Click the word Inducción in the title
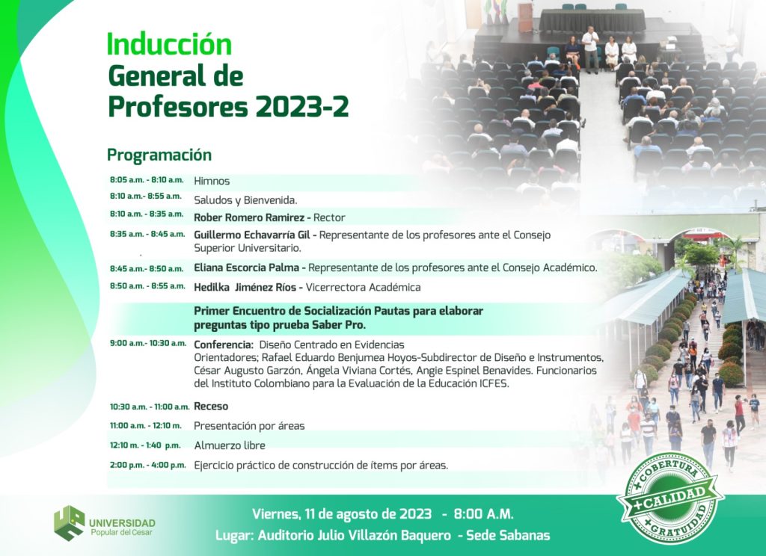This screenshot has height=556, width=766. tap(169, 44)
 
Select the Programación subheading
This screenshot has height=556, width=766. tap(159, 155)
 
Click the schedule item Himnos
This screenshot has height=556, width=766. tap(212, 181)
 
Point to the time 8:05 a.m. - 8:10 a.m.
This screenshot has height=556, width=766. tap(147, 179)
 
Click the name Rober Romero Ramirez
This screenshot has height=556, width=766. tap(249, 217)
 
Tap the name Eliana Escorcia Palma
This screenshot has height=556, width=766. tap(247, 268)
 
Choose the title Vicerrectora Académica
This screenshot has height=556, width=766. tap(363, 287)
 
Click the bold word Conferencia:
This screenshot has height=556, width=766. tap(223, 345)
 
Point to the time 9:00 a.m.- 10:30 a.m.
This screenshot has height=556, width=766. tap(148, 343)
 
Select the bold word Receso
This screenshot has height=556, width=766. tap(211, 406)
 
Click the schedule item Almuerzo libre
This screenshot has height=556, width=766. tap(230, 445)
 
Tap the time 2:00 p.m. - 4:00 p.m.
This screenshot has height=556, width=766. tap(147, 465)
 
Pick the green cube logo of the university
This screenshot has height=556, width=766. tap(69, 523)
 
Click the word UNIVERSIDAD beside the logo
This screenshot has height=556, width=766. tap(122, 523)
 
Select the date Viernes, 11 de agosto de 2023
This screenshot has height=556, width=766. tap(342, 513)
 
